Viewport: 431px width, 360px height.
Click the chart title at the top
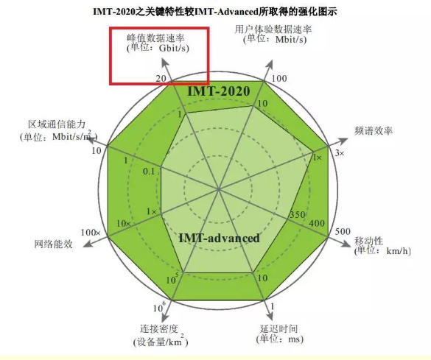(215, 11)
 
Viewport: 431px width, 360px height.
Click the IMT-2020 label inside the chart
(219, 91)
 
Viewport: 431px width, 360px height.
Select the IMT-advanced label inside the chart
(219, 238)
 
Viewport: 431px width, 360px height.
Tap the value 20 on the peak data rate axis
(161, 79)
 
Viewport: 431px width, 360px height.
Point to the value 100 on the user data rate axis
(279, 79)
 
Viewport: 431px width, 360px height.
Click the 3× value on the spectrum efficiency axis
(340, 152)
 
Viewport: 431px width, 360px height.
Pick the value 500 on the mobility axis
(343, 231)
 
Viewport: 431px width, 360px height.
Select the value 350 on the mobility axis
(297, 214)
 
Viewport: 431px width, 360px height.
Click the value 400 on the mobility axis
(317, 223)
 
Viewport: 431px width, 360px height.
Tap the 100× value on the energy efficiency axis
(91, 233)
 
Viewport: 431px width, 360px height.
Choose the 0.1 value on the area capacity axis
(149, 172)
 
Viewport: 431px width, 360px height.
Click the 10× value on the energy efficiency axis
(124, 224)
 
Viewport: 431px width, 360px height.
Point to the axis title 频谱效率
(374, 131)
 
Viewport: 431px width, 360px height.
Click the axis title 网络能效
(53, 244)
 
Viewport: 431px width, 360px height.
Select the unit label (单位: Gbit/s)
(158, 49)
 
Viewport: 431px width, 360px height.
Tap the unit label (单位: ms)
(280, 339)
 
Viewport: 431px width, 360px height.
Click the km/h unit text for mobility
(399, 251)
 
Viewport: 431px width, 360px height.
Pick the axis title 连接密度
(159, 328)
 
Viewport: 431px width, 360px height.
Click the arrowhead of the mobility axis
(346, 243)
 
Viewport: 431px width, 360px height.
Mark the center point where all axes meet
(219, 189)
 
